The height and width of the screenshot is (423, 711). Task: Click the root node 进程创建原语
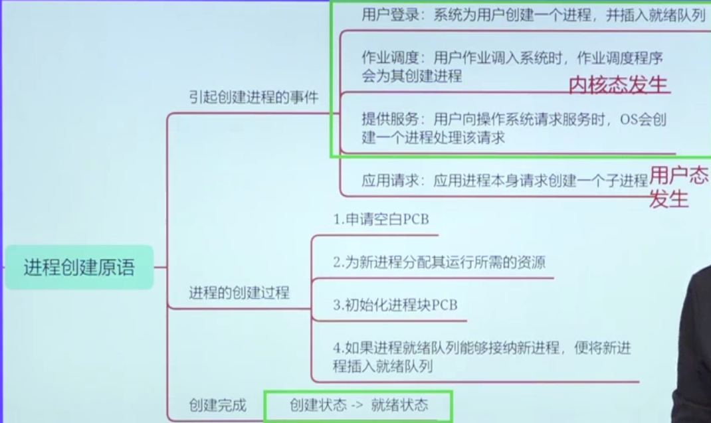pyautogui.click(x=79, y=268)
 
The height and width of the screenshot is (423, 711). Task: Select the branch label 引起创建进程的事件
pyautogui.click(x=253, y=97)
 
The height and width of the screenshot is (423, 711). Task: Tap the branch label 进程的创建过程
pyautogui.click(x=239, y=292)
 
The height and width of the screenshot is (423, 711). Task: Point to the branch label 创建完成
pyautogui.click(x=217, y=404)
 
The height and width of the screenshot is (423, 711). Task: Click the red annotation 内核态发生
pyautogui.click(x=618, y=84)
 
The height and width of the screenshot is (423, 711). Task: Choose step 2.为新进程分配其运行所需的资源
pyautogui.click(x=439, y=262)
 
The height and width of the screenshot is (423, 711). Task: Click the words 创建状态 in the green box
pyautogui.click(x=318, y=405)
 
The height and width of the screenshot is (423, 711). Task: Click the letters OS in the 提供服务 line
pyautogui.click(x=629, y=120)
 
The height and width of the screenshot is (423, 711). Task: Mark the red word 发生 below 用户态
pyautogui.click(x=668, y=199)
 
